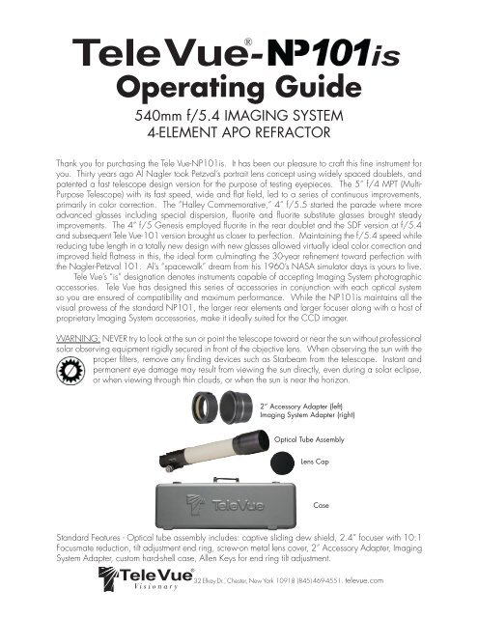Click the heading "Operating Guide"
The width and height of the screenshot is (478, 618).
[239, 87]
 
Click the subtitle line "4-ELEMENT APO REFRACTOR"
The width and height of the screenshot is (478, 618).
[239, 132]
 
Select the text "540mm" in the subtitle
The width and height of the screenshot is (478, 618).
[155, 116]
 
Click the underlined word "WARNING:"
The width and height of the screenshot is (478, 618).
[78, 339]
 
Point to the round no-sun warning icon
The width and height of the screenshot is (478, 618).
[70, 371]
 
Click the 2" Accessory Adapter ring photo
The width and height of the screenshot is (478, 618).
[205, 407]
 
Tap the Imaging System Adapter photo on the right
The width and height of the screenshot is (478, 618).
[236, 407]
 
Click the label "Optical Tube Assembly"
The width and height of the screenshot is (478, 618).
[309, 440]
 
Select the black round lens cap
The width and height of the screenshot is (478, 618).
[283, 463]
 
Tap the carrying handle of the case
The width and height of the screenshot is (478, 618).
[226, 480]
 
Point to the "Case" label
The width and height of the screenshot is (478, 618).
[321, 505]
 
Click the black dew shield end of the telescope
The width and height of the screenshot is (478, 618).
[251, 442]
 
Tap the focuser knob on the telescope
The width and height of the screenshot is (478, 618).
[169, 469]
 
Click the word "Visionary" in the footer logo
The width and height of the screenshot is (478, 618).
[156, 586]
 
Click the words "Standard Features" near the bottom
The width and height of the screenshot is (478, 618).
[88, 538]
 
